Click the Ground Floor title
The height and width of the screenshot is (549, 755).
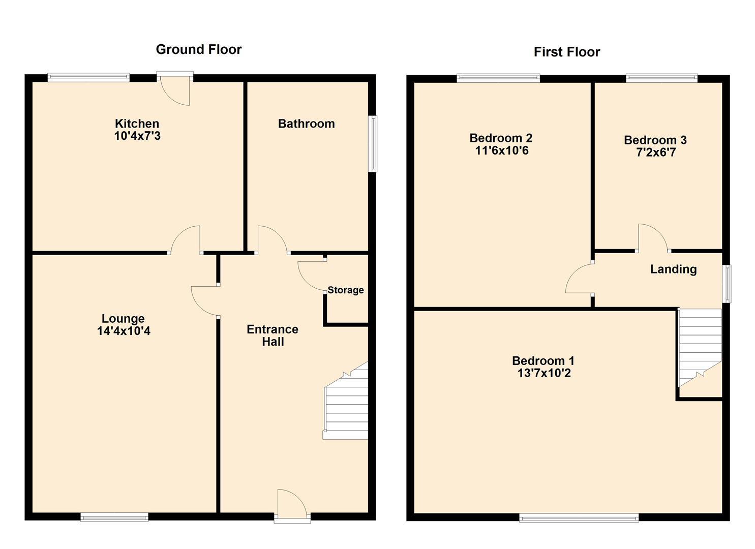point(198,49)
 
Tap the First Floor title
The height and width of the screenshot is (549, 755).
point(567,52)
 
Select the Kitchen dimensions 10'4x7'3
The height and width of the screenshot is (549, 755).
point(137,136)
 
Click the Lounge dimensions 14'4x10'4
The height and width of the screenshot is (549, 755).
point(124,330)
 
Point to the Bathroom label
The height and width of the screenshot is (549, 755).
point(307,124)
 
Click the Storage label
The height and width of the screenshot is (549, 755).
point(346,290)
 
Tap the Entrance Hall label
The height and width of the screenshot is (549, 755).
point(273,335)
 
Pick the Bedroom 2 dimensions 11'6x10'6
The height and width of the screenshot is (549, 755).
point(502,150)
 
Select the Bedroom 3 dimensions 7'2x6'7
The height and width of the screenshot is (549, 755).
point(656,152)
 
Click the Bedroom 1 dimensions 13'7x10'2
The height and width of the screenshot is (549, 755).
point(544,373)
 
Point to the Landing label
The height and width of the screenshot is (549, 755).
point(674,269)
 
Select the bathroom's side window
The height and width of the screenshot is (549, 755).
point(373,144)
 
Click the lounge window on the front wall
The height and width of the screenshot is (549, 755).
point(114,517)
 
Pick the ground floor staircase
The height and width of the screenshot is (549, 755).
point(346,401)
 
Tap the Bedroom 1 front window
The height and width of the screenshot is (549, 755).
point(579,517)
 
